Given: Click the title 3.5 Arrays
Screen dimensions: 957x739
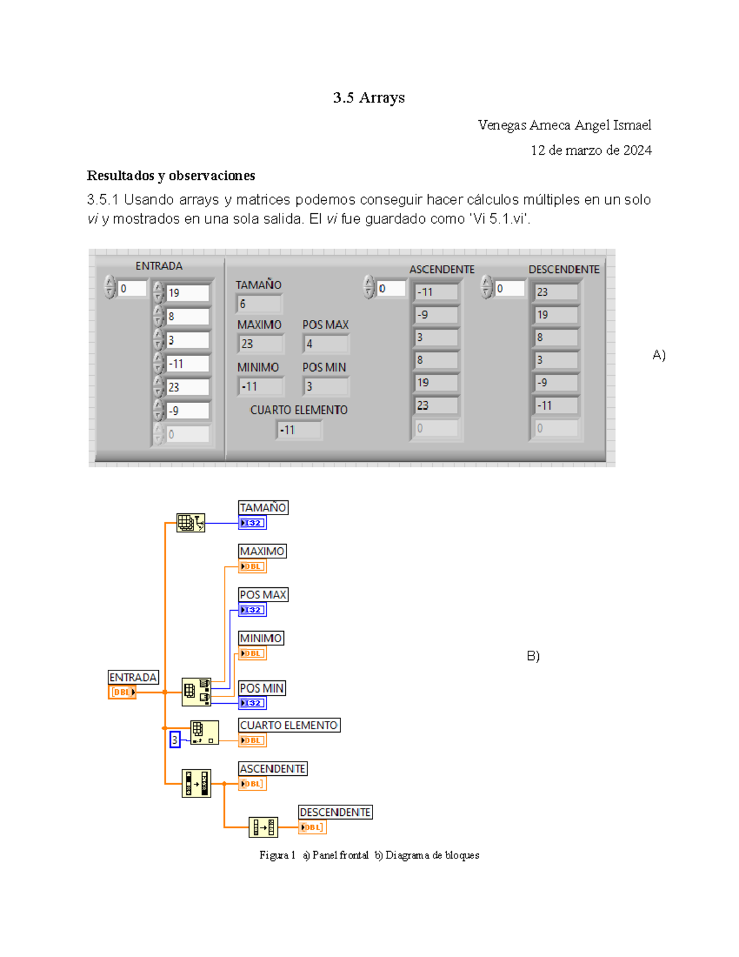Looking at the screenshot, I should (368, 97).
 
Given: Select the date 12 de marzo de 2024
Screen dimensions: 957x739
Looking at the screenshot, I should (591, 150).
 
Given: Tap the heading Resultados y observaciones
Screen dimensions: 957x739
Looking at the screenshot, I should (171, 176).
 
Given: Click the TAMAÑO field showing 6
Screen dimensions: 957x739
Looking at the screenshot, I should (259, 304).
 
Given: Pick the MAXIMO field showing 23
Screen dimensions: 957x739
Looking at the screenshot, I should (260, 344).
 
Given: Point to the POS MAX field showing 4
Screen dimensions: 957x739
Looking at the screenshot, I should (326, 344).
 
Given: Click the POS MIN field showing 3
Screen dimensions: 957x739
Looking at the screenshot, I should (326, 386).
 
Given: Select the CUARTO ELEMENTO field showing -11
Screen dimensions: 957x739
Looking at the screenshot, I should (299, 430).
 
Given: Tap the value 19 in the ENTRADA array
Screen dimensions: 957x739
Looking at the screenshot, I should (187, 293).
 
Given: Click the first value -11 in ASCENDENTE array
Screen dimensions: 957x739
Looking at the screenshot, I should (436, 292).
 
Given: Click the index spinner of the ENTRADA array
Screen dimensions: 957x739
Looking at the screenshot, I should (110, 287).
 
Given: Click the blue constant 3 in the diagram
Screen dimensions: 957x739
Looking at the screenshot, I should (175, 739).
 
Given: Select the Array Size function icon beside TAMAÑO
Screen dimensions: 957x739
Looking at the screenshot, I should (190, 523).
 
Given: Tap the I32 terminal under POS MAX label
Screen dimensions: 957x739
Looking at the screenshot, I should (252, 610).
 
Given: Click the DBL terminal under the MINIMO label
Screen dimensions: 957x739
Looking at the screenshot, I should (252, 653).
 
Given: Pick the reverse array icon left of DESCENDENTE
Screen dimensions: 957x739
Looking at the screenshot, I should (263, 827).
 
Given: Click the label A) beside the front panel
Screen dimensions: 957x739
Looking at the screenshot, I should (659, 355).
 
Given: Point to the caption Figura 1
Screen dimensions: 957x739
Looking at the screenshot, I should (277, 855).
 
